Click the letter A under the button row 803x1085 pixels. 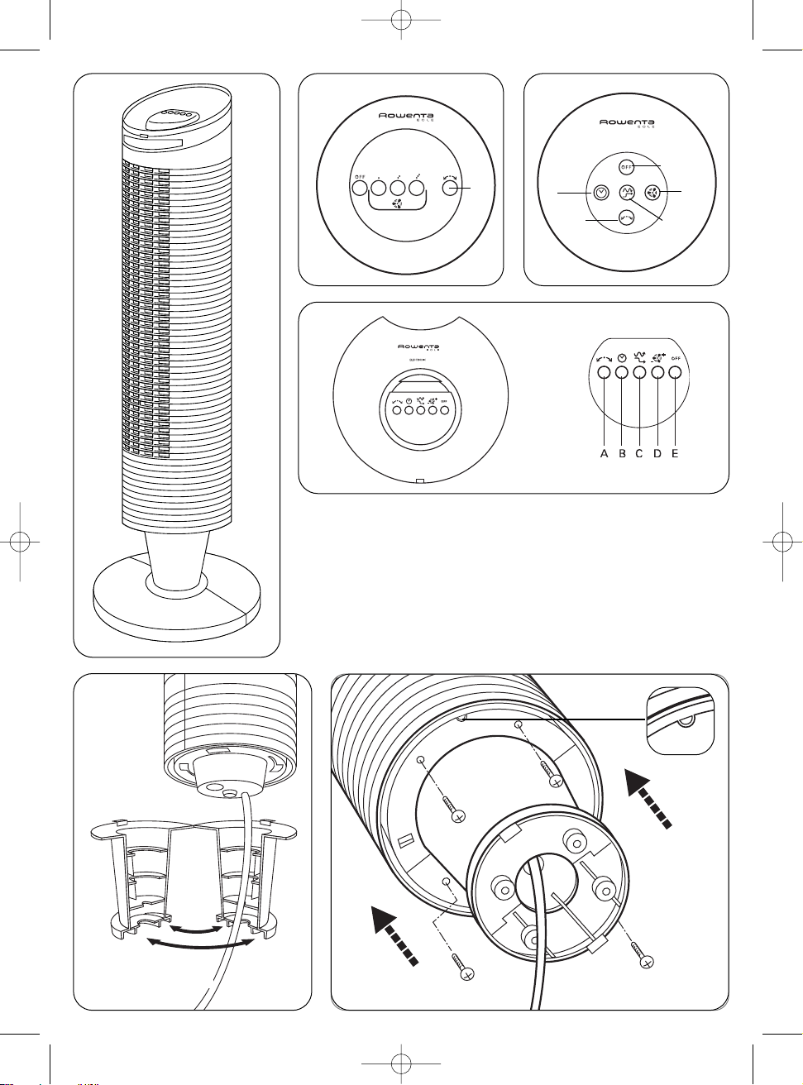pyautogui.click(x=604, y=453)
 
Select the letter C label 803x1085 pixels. pyautogui.click(x=638, y=453)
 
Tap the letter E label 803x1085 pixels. pyautogui.click(x=675, y=453)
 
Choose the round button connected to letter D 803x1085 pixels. pyautogui.click(x=658, y=373)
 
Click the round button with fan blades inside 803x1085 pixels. pyautogui.click(x=652, y=193)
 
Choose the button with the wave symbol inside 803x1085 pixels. pyautogui.click(x=626, y=193)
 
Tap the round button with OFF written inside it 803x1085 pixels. pyautogui.click(x=626, y=167)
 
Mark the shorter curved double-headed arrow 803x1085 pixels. pyautogui.click(x=194, y=930)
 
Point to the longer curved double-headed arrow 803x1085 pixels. pyautogui.click(x=199, y=944)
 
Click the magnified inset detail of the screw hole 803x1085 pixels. pyautogui.click(x=679, y=720)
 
